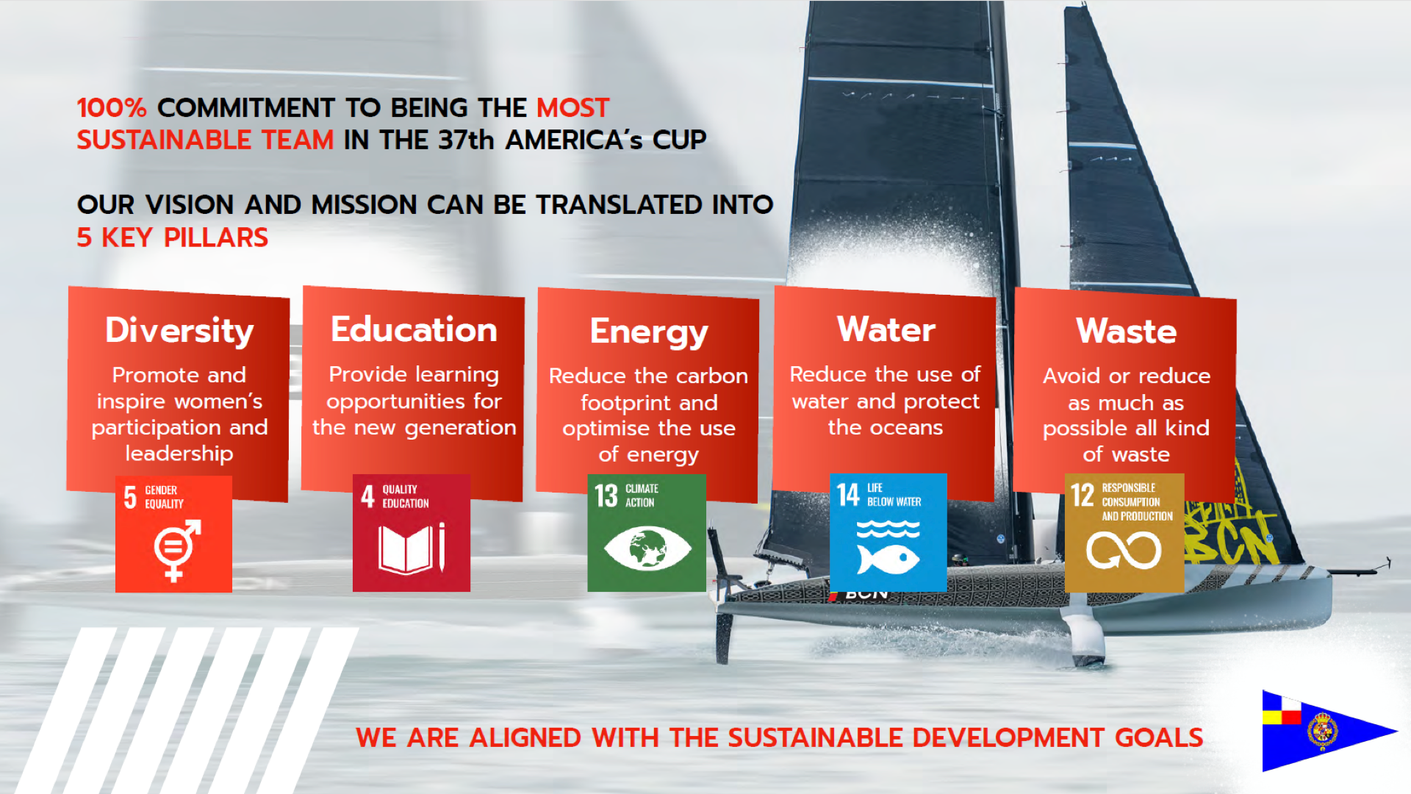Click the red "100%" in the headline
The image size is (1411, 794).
coord(112,108)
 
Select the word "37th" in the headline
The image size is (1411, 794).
coord(466,140)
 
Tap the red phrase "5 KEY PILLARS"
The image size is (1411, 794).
coord(173,237)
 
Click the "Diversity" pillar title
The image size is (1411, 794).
coord(179,331)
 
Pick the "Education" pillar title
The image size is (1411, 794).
coord(414,329)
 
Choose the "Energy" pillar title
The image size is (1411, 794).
coord(649,332)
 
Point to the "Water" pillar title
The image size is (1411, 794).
coord(886,329)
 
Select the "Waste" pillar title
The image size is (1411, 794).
coord(1127,331)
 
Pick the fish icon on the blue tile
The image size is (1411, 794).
coord(888,559)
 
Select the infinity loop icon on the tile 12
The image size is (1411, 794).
coord(1124,551)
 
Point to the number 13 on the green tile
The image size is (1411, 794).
coord(606,496)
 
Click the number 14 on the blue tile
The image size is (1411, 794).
coord(848,495)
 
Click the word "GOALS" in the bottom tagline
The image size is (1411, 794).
coord(1159,737)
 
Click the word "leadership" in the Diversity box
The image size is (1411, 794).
coord(179,454)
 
